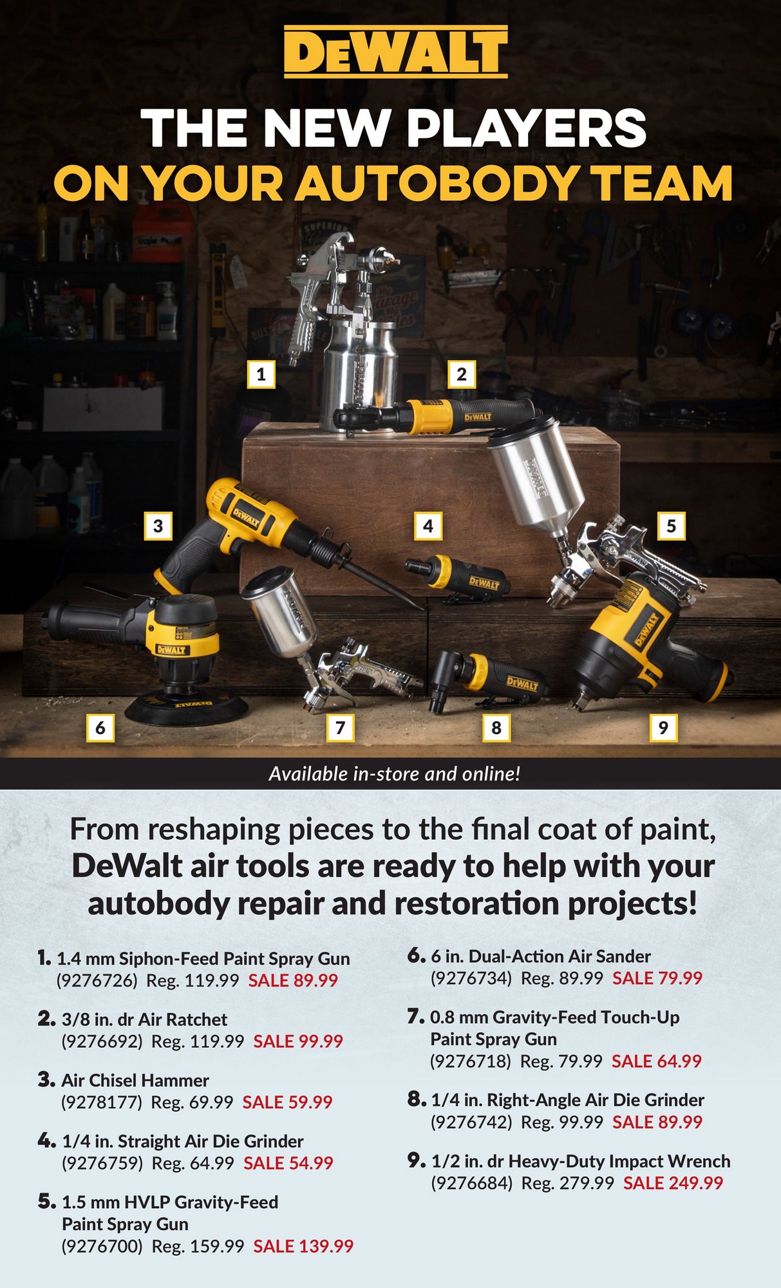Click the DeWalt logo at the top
(x=395, y=52)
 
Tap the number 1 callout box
(x=261, y=374)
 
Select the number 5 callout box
(x=671, y=526)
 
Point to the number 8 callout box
(x=496, y=728)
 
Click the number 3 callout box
(x=158, y=526)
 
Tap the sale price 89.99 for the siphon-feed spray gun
(x=293, y=980)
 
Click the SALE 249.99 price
(x=673, y=1182)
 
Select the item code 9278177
(x=101, y=1102)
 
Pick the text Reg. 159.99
(x=198, y=1246)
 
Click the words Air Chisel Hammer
(x=135, y=1080)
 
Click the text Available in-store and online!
(x=394, y=773)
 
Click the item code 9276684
(x=471, y=1182)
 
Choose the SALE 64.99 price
(x=656, y=1061)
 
